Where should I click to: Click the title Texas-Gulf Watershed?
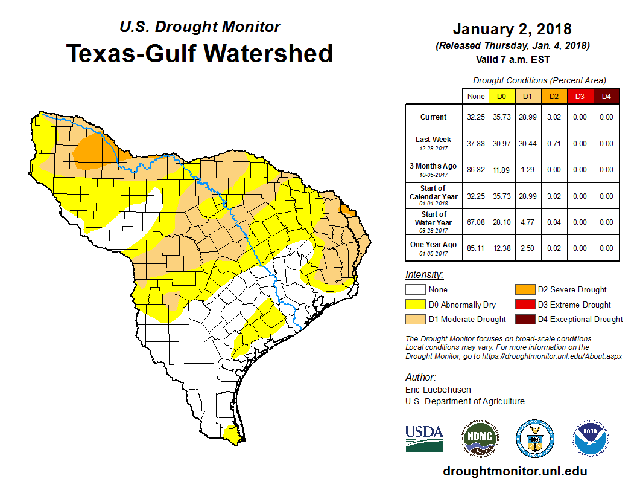tap(199, 53)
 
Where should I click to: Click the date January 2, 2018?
tap(512, 29)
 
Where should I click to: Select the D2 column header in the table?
tap(554, 96)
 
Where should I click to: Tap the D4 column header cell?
tap(607, 96)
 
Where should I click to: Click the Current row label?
tap(434, 117)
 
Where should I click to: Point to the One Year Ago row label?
tap(434, 245)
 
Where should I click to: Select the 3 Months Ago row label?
tap(434, 166)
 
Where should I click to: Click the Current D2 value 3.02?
tap(554, 117)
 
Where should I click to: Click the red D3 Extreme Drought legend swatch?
tap(525, 304)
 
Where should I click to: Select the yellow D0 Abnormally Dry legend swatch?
tap(414, 304)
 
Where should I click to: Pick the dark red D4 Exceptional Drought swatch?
tap(525, 319)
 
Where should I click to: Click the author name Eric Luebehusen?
tap(439, 390)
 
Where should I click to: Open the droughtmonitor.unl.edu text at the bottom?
tap(515, 471)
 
